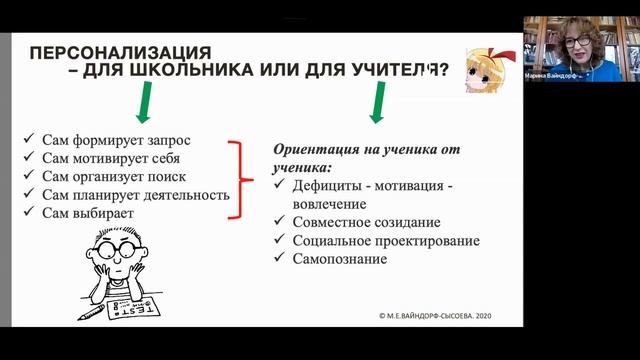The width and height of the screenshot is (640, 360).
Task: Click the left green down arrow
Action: (x=144, y=102)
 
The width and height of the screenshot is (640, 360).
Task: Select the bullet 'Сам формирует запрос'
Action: (x=115, y=140)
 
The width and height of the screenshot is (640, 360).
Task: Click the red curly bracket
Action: (x=240, y=178)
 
